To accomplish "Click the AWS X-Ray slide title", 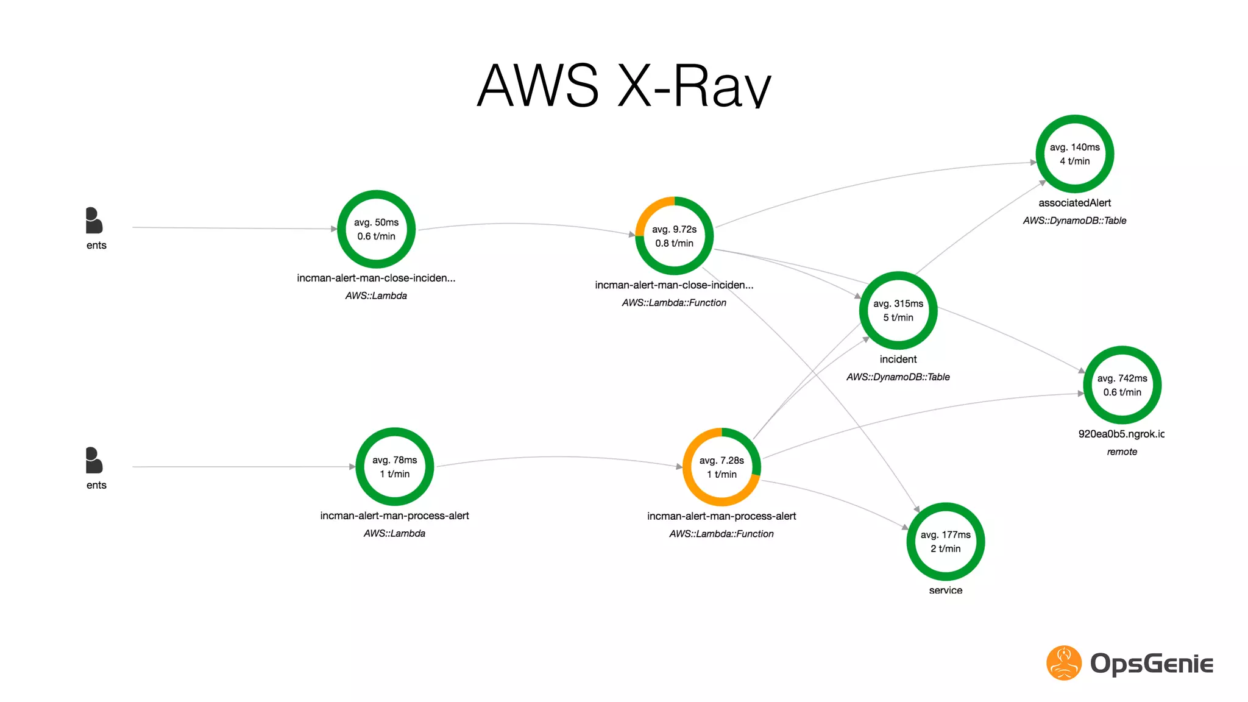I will click(x=623, y=85).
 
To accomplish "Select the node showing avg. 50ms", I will click(x=376, y=229).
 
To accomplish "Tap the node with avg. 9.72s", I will click(x=674, y=236).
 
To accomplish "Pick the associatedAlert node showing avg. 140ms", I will click(x=1074, y=154).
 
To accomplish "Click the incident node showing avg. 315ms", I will click(x=898, y=310).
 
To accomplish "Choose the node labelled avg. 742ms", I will click(x=1122, y=385).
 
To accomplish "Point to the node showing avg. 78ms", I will click(x=394, y=467).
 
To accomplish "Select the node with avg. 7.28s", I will click(x=721, y=467).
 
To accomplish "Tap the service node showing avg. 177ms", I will click(x=945, y=542).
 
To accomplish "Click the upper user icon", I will click(x=94, y=221).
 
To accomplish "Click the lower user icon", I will click(x=94, y=461).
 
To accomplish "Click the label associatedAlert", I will click(x=1074, y=203).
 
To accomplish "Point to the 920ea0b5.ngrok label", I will click(x=1121, y=434).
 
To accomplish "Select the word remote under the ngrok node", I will click(x=1122, y=452).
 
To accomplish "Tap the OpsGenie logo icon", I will click(x=1064, y=663).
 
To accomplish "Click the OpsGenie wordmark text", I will click(x=1151, y=664).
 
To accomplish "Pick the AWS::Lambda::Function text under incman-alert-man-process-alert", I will click(x=721, y=534).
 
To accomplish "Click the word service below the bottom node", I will click(x=945, y=590).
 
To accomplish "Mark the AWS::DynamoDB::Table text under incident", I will click(x=898, y=377).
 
